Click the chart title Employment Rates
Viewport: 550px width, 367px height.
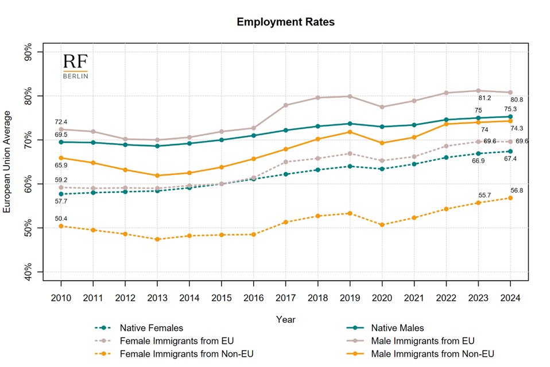point(285,22)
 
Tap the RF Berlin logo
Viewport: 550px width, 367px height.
point(75,67)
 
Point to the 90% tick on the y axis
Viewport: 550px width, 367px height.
point(29,52)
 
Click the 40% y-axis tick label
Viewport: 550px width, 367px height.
point(29,272)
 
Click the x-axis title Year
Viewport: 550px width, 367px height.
point(285,319)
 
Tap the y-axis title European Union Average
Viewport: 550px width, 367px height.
point(7,162)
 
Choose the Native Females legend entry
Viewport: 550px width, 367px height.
point(151,328)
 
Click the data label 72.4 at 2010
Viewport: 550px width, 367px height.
point(61,122)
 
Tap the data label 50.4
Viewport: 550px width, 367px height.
point(61,219)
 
